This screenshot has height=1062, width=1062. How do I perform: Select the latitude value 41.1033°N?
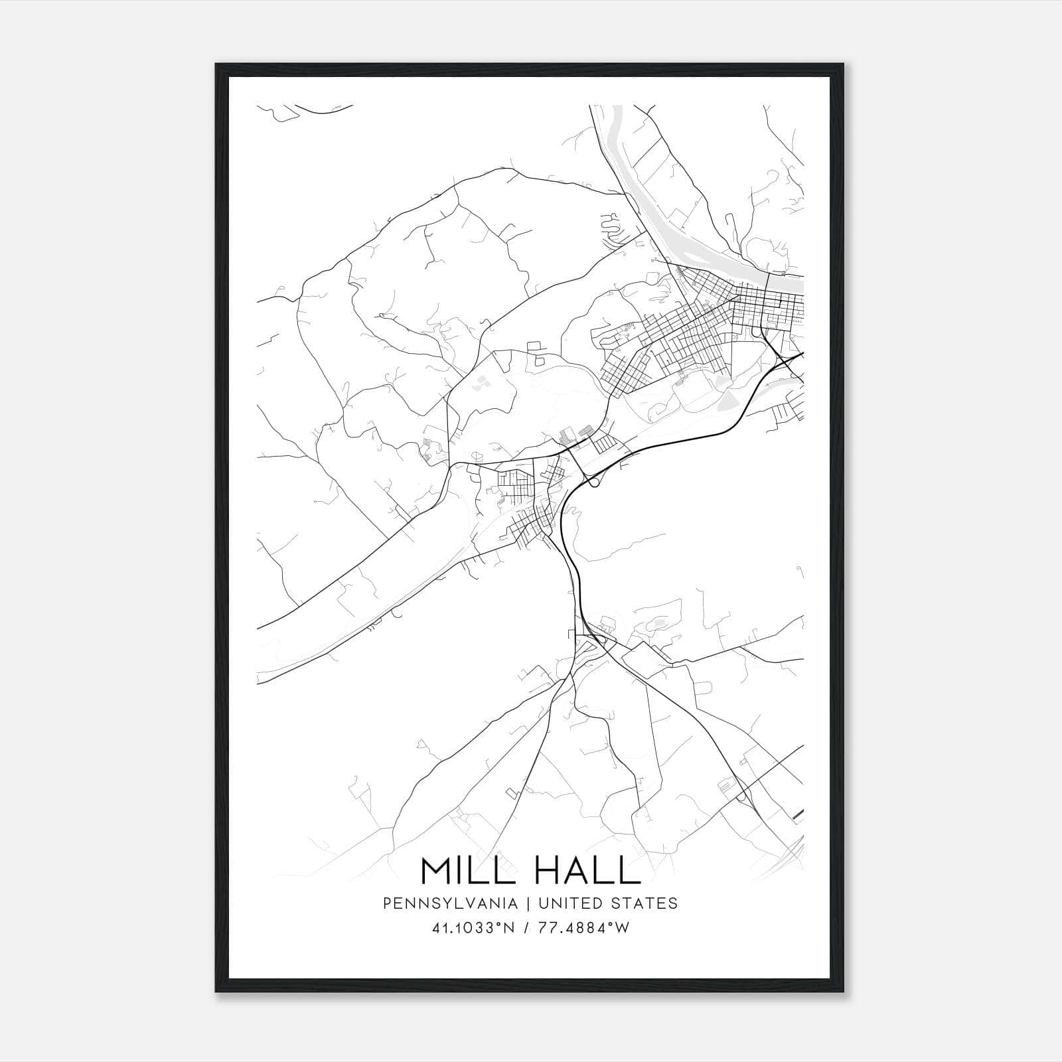coord(473,928)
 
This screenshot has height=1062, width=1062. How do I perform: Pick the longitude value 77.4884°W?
coord(585,928)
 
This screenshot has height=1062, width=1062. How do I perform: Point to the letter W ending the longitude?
coord(623,928)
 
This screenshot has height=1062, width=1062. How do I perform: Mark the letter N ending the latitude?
coord(509,928)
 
